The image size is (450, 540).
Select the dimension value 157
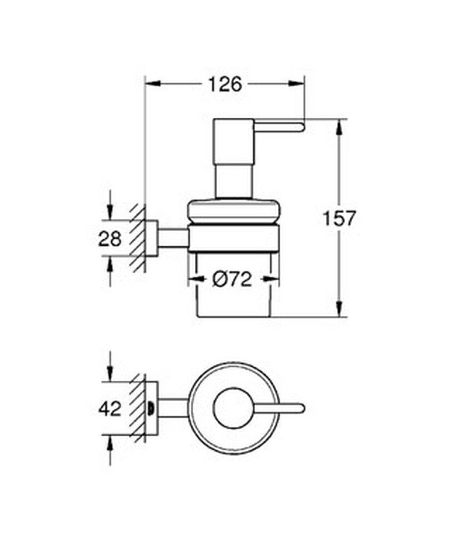pyautogui.click(x=339, y=218)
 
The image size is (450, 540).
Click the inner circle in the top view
pyautogui.click(x=233, y=409)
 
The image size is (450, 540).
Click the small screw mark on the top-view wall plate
pyautogui.click(x=151, y=409)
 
